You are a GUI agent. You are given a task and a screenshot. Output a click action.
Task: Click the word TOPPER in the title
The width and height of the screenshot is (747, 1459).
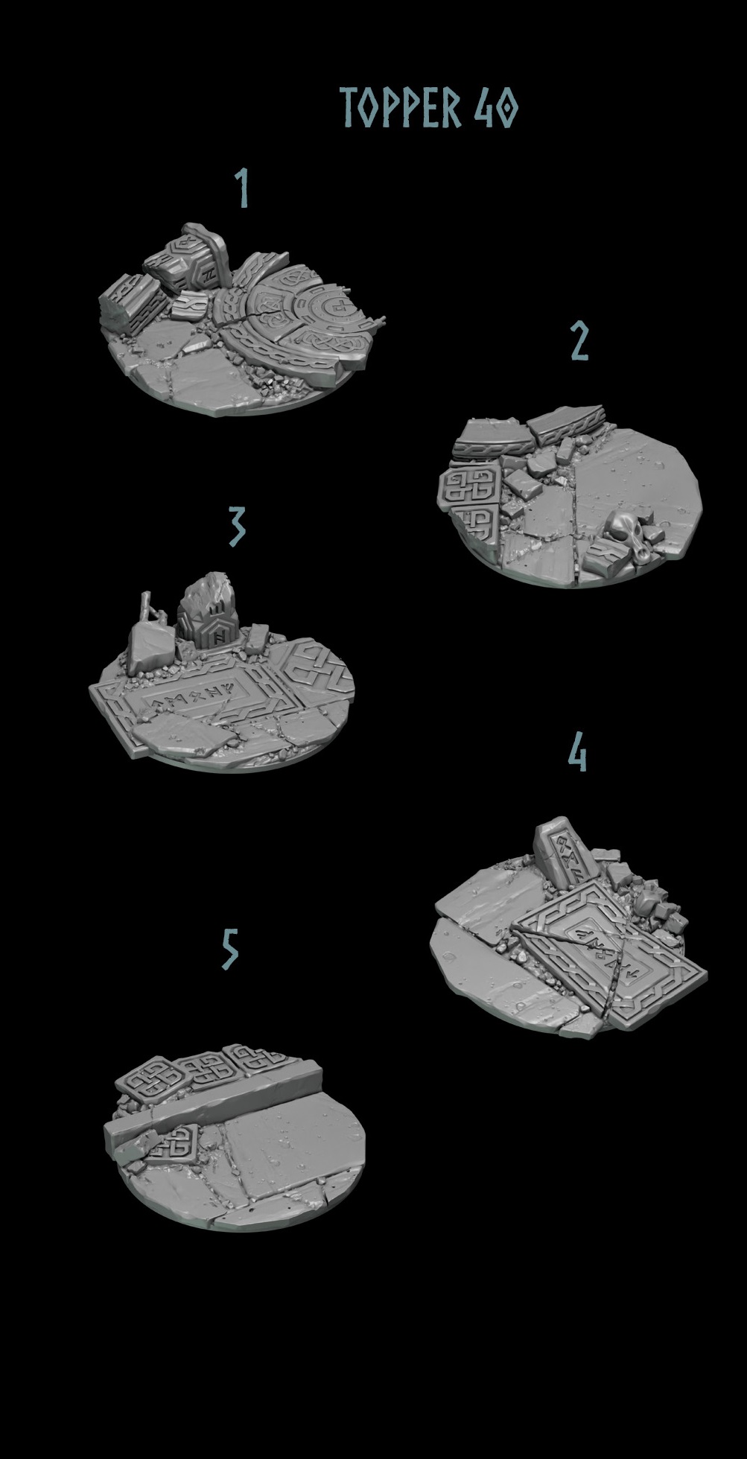click(x=401, y=107)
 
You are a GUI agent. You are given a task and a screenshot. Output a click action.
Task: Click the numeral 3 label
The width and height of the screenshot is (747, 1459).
click(x=236, y=526)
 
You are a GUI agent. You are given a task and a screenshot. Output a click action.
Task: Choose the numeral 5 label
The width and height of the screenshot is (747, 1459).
click(x=230, y=950)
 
